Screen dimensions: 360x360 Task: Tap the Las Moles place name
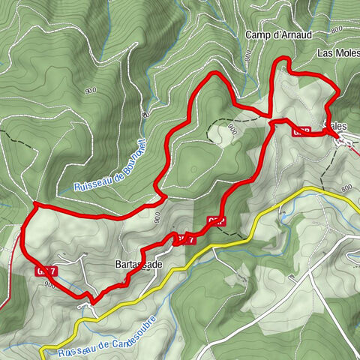pyautogui.click(x=335, y=54)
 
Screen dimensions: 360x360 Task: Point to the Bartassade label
pyautogui.click(x=139, y=264)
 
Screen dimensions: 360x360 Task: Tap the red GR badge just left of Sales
pyautogui.click(x=301, y=130)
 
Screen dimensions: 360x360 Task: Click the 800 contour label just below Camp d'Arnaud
pyautogui.click(x=247, y=55)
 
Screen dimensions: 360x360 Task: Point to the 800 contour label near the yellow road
pyautogui.click(x=346, y=188)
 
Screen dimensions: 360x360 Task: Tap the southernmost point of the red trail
pyautogui.click(x=92, y=302)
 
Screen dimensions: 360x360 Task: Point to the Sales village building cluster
pyautogui.click(x=343, y=139)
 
